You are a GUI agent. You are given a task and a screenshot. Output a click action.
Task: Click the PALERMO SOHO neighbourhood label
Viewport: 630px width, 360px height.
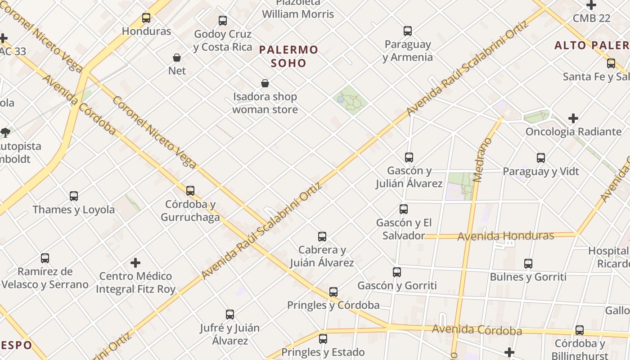(x=288, y=56)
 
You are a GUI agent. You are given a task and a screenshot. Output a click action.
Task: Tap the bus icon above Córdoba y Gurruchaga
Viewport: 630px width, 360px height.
(x=190, y=191)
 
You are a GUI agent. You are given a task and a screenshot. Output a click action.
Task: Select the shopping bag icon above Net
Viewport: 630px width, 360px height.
(x=177, y=58)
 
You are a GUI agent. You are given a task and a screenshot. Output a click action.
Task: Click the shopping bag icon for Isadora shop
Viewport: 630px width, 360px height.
(x=265, y=83)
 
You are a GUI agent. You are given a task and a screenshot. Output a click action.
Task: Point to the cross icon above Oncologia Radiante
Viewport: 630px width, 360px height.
(x=573, y=118)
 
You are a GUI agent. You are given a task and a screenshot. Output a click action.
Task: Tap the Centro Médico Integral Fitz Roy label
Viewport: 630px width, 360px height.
(x=135, y=283)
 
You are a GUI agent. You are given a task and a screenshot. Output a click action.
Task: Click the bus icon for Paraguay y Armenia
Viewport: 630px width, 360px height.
(x=407, y=31)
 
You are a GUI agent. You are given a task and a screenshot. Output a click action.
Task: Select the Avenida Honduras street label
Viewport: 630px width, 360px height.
(x=505, y=236)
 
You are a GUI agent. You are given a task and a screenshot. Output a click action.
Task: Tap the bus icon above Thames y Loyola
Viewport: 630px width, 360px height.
(x=74, y=196)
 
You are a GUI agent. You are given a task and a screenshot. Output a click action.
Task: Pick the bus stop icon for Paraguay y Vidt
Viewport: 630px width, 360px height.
(x=540, y=158)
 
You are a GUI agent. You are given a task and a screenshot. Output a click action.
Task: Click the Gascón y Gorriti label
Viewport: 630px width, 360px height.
(x=397, y=285)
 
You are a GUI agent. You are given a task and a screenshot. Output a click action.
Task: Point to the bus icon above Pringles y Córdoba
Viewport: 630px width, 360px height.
(x=333, y=292)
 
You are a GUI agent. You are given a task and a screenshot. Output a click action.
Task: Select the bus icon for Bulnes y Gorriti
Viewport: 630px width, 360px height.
(x=528, y=264)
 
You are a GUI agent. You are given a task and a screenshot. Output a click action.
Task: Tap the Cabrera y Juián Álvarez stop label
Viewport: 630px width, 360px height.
(x=322, y=256)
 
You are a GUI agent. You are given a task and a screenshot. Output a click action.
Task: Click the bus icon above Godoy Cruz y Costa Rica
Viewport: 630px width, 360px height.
(x=222, y=21)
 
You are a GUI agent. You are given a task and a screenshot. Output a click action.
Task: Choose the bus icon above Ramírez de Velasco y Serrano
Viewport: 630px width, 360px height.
(x=45, y=258)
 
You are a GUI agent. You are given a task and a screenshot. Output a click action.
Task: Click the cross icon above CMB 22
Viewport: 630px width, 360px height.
(x=591, y=5)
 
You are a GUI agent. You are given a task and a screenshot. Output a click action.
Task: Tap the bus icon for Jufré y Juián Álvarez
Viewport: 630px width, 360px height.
(x=229, y=315)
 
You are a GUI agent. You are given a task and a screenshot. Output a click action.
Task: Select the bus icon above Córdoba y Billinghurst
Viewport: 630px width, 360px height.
(x=579, y=330)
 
